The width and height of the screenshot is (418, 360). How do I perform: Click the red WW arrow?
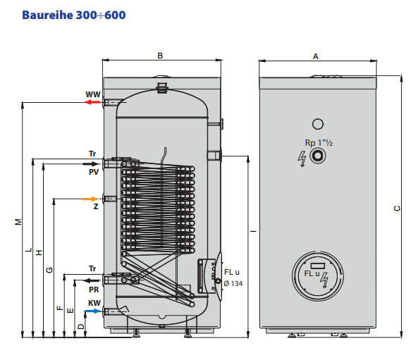pos(92,102)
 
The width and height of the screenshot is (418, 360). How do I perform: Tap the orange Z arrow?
pos(91,199)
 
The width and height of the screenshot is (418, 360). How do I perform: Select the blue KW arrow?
pos(93,311)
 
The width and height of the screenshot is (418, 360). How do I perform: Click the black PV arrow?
pos(91,164)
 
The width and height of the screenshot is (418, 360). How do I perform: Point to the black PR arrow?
pos(92,280)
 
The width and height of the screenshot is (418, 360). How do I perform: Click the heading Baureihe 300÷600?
pos(74,15)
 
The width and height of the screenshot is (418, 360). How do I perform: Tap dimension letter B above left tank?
pos(160,56)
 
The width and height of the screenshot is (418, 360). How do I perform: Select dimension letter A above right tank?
pos(316,56)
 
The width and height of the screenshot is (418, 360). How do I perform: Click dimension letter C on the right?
pos(397,208)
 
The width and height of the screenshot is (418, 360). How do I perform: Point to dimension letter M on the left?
pos(18,222)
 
